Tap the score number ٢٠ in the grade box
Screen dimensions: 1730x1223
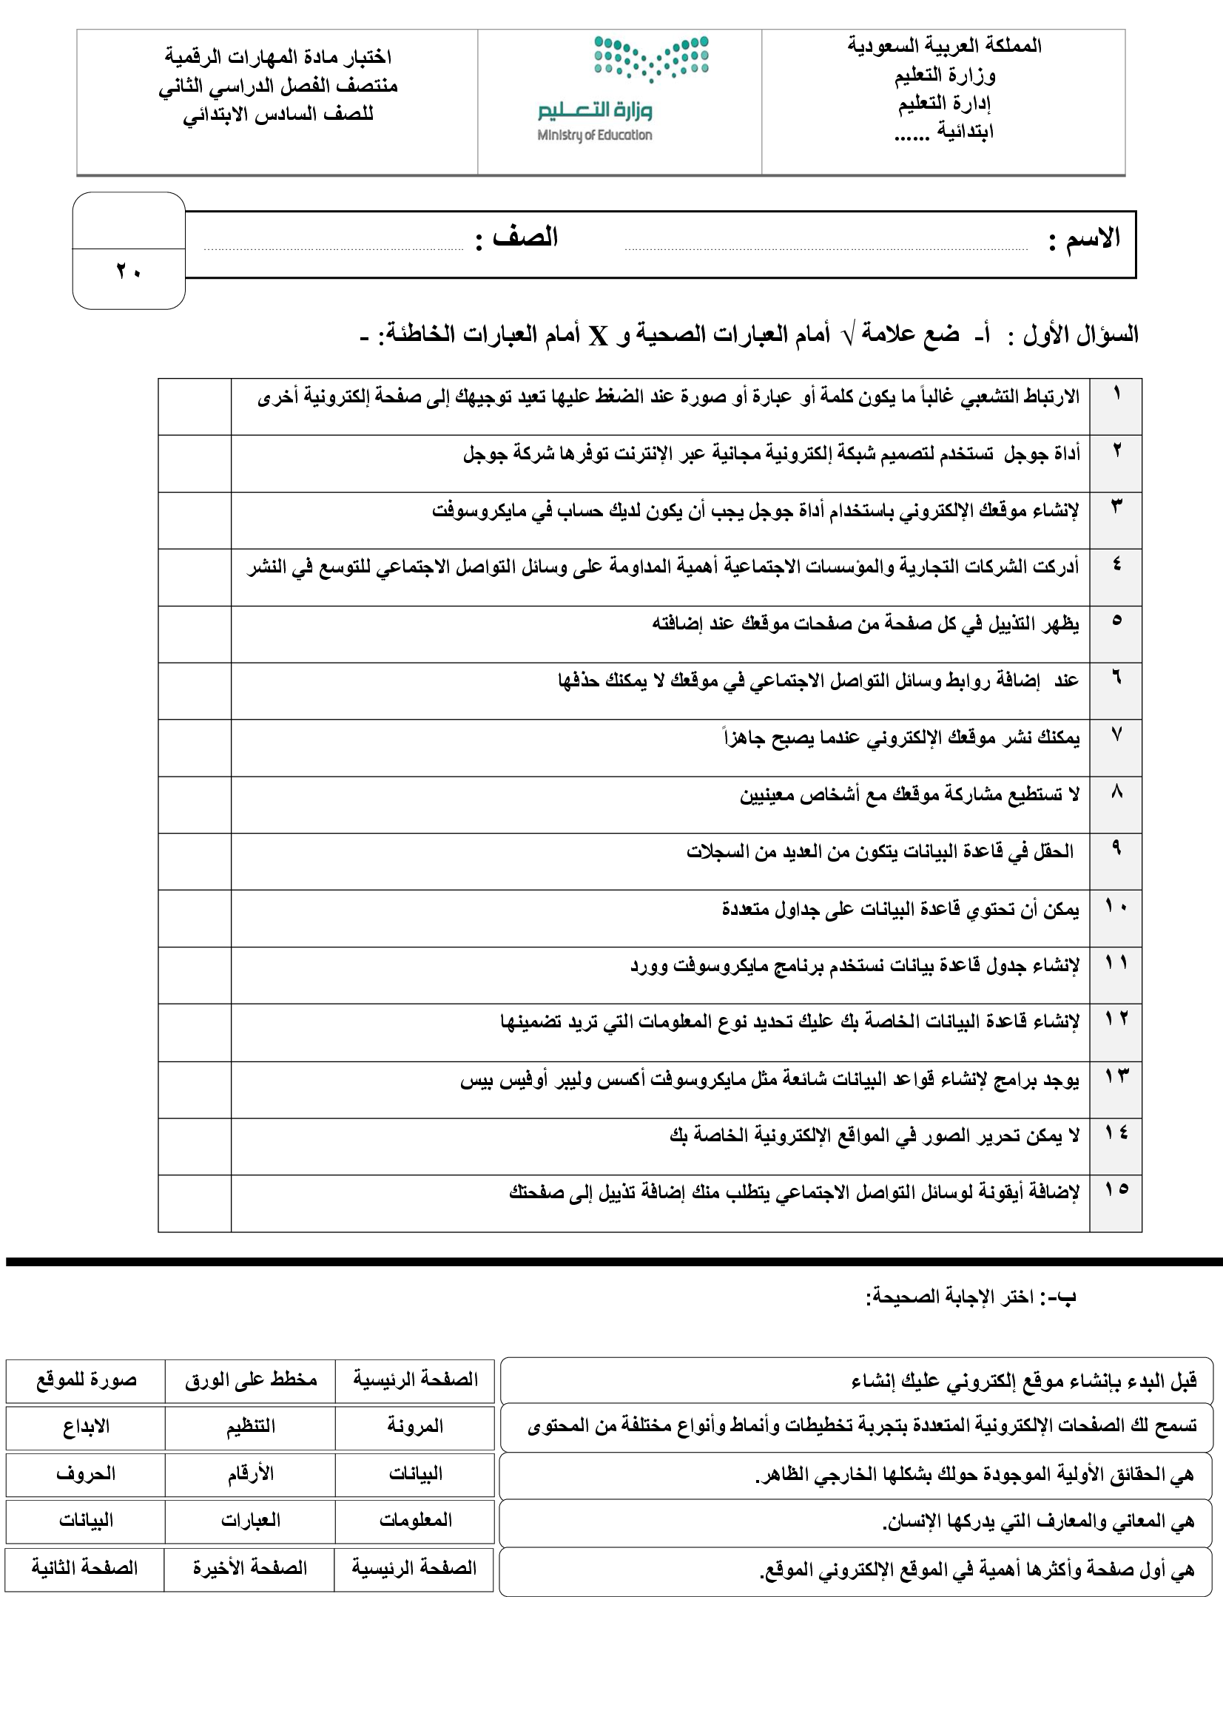[129, 271]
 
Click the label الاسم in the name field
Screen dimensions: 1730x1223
[1093, 238]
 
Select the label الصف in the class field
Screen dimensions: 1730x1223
[525, 238]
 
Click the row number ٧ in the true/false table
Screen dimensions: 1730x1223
[1116, 734]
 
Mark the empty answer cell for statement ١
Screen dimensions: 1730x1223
[195, 406]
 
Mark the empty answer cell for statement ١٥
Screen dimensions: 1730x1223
[195, 1203]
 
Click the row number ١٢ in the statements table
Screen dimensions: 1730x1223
[1116, 1018]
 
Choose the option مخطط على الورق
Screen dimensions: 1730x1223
[250, 1380]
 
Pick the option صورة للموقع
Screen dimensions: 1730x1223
[86, 1380]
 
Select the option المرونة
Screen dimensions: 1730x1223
[414, 1426]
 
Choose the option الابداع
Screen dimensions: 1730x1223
[86, 1426]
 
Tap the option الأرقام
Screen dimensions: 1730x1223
[250, 1474]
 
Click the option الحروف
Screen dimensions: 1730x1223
[86, 1474]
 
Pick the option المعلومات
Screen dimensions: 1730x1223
[414, 1521]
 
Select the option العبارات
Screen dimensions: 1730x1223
[250, 1521]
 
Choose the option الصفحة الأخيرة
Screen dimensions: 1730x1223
[250, 1569]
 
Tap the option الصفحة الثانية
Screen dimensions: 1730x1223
[84, 1569]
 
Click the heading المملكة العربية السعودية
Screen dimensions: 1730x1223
[944, 46]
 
